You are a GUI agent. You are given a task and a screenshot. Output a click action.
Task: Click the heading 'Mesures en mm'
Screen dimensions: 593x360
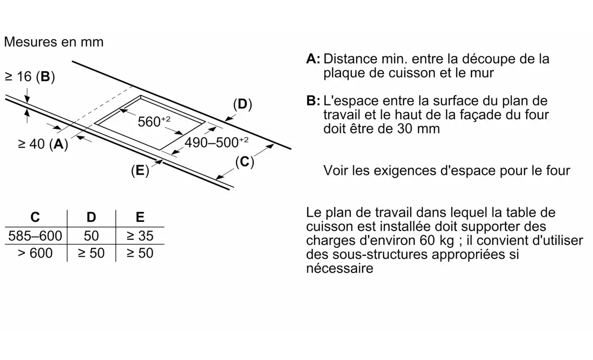pyautogui.click(x=54, y=42)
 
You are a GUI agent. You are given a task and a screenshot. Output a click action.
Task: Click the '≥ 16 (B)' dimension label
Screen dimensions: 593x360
pyautogui.click(x=30, y=77)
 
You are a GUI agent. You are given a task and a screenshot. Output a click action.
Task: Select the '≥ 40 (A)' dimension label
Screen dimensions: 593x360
pyautogui.click(x=43, y=144)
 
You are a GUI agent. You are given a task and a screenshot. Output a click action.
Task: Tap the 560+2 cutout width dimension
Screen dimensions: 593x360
pyautogui.click(x=154, y=121)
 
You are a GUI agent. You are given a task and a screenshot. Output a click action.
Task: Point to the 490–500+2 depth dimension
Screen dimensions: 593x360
pyautogui.click(x=216, y=142)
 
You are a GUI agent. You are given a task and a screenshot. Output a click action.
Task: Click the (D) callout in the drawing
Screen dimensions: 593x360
pyautogui.click(x=243, y=104)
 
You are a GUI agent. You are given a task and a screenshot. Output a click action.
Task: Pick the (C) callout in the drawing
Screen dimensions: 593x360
pyautogui.click(x=245, y=162)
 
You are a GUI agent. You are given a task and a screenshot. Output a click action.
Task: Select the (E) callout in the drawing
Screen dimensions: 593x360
pyautogui.click(x=140, y=170)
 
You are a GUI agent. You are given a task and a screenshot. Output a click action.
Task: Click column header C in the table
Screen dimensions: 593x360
pyautogui.click(x=35, y=217)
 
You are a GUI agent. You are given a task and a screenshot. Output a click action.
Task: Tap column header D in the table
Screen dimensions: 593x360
pyautogui.click(x=91, y=217)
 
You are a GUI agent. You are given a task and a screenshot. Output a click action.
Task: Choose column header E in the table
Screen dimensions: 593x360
pyautogui.click(x=140, y=217)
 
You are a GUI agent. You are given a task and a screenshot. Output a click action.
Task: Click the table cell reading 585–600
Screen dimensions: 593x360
pyautogui.click(x=35, y=236)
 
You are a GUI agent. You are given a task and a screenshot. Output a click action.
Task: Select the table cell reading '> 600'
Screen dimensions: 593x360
pyautogui.click(x=35, y=253)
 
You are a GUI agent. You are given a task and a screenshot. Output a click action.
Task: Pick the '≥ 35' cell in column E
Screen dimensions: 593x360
pyautogui.click(x=140, y=236)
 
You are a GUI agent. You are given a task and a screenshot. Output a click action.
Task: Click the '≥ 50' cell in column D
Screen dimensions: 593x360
pyautogui.click(x=91, y=253)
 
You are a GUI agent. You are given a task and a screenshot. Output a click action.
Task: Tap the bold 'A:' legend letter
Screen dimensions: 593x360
pyautogui.click(x=313, y=59)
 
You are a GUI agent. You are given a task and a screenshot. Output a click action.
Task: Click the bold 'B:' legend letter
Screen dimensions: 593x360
pyautogui.click(x=313, y=101)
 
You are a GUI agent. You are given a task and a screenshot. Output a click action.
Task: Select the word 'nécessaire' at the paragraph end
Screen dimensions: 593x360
pyautogui.click(x=339, y=268)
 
